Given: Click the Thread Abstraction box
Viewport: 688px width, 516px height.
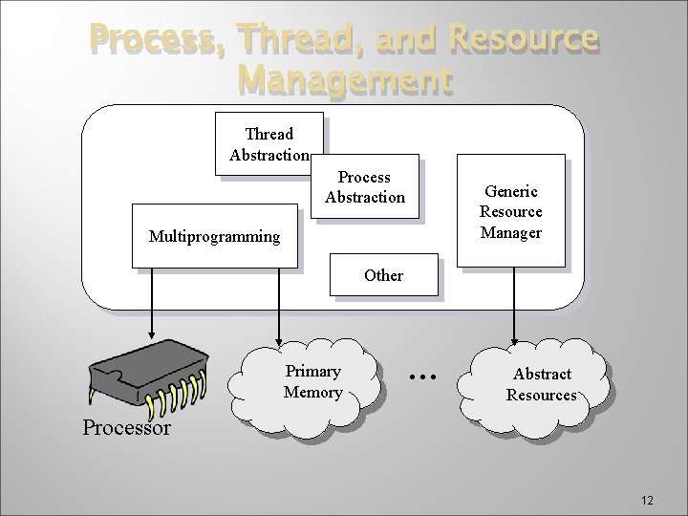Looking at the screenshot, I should (269, 144).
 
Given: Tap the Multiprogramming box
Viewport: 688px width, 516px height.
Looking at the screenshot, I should (214, 235).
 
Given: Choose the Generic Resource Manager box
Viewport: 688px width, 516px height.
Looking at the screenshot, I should (510, 211).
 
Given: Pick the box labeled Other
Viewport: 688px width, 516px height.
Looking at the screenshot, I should (383, 275).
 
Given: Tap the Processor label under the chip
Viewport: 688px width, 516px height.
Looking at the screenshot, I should (126, 427).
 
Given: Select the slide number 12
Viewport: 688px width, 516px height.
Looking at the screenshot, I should (647, 500).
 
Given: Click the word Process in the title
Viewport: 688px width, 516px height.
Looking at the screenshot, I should (159, 39).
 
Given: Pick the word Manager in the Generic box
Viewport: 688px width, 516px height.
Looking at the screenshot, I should (510, 232).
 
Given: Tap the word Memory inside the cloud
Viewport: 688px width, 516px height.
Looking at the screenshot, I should (312, 392).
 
